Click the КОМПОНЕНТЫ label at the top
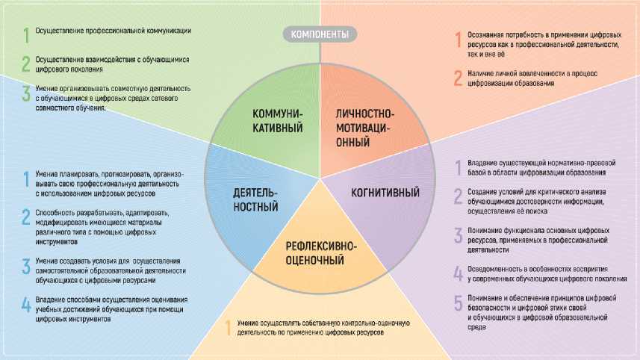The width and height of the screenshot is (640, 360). pyautogui.click(x=320, y=34)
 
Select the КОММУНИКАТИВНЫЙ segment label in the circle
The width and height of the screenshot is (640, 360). pyautogui.click(x=277, y=120)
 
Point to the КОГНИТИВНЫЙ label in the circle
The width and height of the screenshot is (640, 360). pyautogui.click(x=385, y=193)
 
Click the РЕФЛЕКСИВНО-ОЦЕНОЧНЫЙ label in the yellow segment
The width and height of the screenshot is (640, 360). pyautogui.click(x=320, y=253)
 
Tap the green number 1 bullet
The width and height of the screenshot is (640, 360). pyautogui.click(x=25, y=33)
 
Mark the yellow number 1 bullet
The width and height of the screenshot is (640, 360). pyautogui.click(x=229, y=326)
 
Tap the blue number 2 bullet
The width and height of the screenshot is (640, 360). pyautogui.click(x=25, y=217)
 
